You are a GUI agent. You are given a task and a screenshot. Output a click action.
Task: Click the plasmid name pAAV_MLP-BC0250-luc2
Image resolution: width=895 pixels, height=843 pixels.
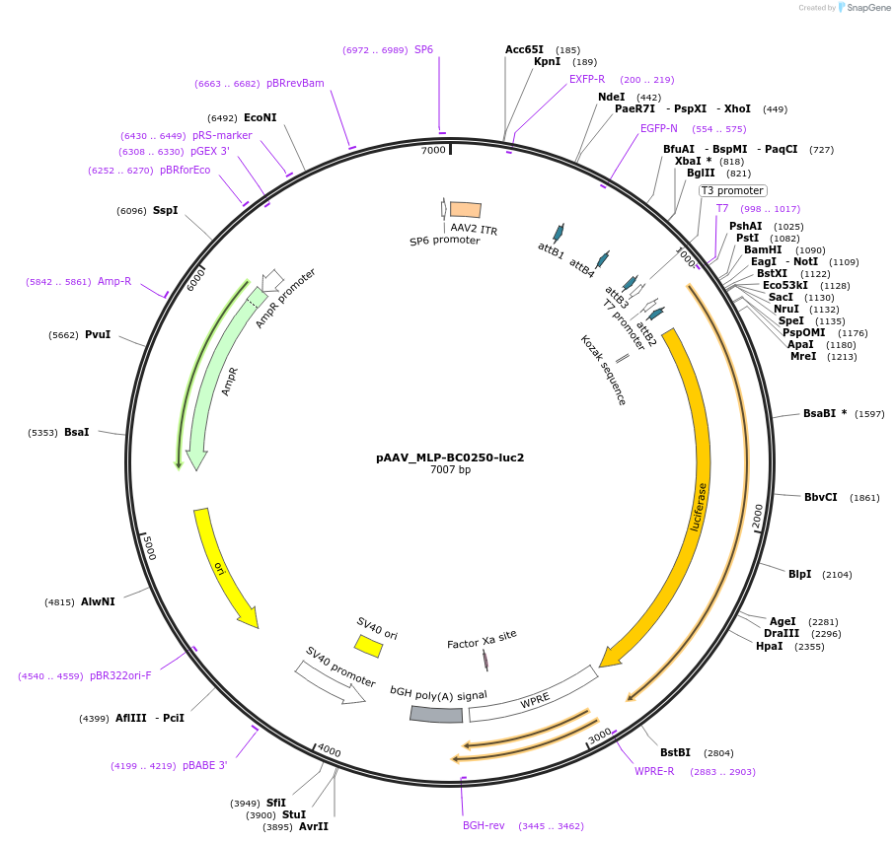449,457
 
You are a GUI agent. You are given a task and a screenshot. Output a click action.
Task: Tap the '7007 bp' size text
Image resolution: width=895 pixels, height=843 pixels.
450,470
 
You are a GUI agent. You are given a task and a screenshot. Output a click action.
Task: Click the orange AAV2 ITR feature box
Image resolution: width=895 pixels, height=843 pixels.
466,209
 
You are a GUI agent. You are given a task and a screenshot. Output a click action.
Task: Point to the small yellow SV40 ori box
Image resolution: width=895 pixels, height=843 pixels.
368,646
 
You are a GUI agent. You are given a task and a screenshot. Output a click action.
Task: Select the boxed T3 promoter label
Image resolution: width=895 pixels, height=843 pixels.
732,190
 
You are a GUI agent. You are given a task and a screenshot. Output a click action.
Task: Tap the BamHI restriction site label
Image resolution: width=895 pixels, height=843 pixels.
762,249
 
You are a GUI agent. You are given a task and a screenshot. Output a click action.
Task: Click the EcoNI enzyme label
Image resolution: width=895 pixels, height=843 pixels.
261,117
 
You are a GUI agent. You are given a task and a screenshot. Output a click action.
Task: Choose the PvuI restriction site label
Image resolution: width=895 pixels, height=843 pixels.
98,335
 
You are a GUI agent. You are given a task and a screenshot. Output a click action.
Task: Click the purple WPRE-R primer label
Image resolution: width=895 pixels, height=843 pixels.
654,771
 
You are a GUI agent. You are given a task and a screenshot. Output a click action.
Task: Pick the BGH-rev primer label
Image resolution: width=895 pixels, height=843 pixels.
484,825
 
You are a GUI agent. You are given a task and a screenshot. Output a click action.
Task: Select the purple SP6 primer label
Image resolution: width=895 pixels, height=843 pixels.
423,49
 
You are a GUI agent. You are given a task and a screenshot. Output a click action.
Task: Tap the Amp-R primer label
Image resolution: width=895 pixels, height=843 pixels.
114,282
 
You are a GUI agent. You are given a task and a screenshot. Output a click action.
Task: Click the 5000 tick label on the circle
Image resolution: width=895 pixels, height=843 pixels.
148,548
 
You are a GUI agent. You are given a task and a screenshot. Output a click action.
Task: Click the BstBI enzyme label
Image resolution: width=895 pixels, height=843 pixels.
676,752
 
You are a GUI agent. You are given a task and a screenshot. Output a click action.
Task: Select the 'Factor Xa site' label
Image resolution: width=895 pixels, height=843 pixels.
482,637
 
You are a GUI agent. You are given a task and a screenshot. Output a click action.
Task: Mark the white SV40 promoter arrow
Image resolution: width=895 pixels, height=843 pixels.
330,681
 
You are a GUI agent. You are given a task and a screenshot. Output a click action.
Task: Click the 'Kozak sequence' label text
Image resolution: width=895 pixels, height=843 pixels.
602,370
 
